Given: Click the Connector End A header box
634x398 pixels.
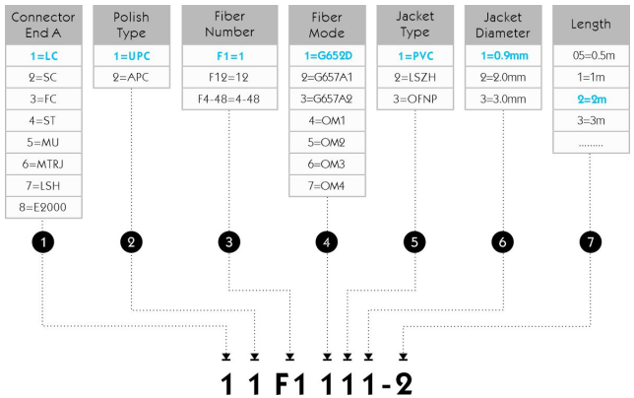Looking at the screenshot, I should click(x=41, y=25).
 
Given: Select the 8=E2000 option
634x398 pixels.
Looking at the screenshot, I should click(x=41, y=207).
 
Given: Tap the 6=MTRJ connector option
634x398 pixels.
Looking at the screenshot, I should click(x=41, y=164).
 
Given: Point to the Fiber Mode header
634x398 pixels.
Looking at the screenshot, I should click(x=326, y=25).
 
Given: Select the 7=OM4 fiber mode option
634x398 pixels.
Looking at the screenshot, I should click(x=326, y=185).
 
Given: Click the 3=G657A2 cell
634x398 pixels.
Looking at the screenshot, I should click(x=326, y=99).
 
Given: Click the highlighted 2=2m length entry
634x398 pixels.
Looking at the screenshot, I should click(x=593, y=99).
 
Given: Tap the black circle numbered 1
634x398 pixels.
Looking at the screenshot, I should click(x=41, y=240).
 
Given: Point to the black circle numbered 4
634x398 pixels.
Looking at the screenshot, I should click(x=326, y=240).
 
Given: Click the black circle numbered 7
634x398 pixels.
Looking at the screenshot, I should click(x=593, y=240).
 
